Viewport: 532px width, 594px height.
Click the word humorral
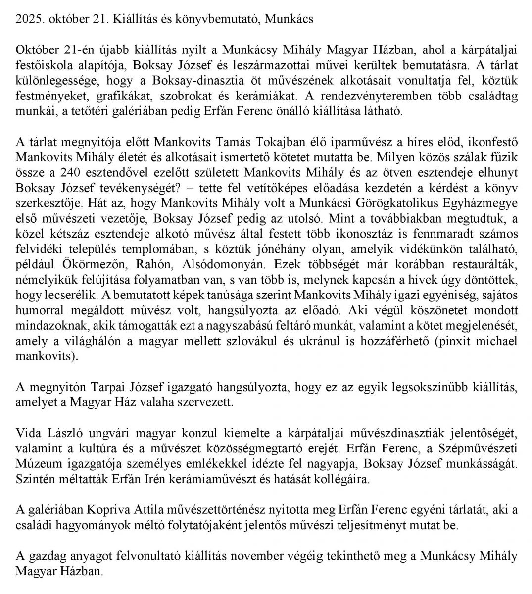coord(39,311)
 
